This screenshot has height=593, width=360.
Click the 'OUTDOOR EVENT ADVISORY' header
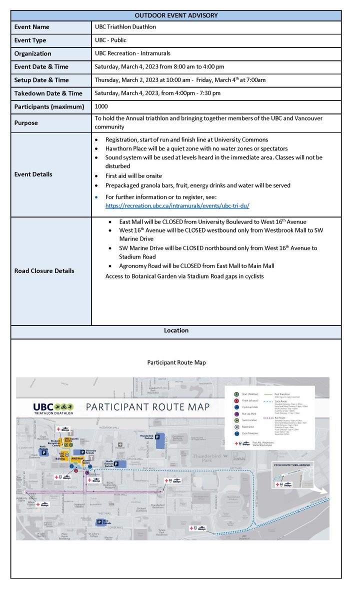point(176,15)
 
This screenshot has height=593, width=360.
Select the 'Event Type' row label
point(30,40)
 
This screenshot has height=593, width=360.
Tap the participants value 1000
point(101,106)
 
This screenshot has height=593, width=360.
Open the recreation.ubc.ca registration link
point(177,205)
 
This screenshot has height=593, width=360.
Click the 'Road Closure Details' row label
point(44,270)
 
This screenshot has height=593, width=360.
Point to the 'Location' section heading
point(176,330)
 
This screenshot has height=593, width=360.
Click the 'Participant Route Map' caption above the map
point(176,362)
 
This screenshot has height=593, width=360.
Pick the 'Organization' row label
point(33,53)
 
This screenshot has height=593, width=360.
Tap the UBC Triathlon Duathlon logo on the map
point(53,408)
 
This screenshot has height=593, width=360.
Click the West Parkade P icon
point(99,522)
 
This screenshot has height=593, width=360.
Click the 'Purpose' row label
point(26,122)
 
